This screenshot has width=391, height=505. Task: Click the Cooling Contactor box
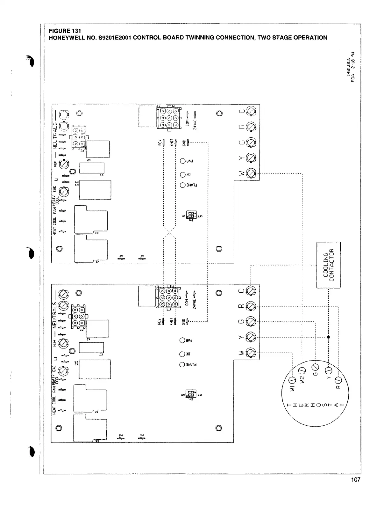click(328, 265)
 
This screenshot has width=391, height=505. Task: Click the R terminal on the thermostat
click(338, 380)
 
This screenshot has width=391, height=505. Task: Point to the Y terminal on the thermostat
click(328, 370)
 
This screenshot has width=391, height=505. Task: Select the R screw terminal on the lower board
click(251, 306)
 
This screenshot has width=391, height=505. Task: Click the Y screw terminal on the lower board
click(251, 337)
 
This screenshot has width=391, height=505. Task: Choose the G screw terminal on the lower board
click(251, 322)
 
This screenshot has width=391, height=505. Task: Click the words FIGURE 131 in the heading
click(65, 31)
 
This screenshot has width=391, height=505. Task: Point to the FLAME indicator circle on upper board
click(182, 185)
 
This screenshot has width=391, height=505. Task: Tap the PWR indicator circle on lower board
click(182, 340)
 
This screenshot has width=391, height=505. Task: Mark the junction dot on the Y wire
click(328, 337)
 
